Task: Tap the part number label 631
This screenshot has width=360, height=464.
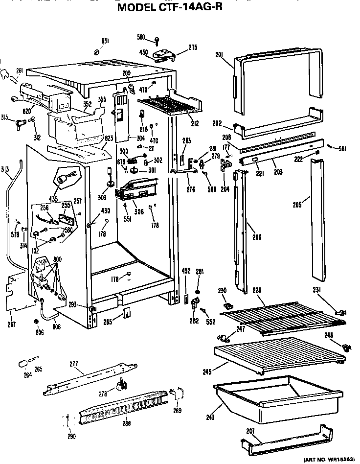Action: pyautogui.click(x=105, y=41)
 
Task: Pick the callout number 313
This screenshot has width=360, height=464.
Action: pyautogui.click(x=5, y=169)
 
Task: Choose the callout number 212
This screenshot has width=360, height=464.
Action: pyautogui.click(x=195, y=123)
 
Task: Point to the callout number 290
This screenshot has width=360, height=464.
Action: pyautogui.click(x=71, y=436)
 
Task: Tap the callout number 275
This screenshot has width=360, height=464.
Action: pyautogui.click(x=193, y=47)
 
